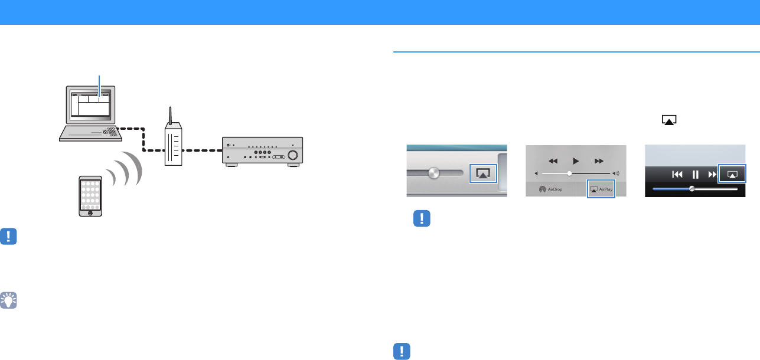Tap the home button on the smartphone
[x=90, y=213]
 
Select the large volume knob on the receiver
[x=293, y=156]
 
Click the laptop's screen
[x=90, y=105]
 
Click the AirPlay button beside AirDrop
[x=602, y=189]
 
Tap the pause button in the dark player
[x=695, y=175]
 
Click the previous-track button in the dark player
[x=677, y=175]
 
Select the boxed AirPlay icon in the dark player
[x=732, y=174]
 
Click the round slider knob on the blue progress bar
[x=691, y=189]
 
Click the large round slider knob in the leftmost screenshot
[x=434, y=174]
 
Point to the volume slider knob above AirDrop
[x=569, y=174]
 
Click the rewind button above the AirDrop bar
[x=553, y=161]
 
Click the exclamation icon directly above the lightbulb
[x=9, y=237]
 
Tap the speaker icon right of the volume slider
[x=617, y=174]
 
